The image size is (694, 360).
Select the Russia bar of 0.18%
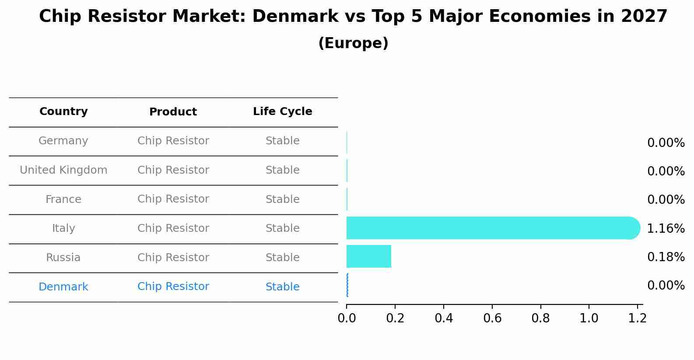coord(368,256)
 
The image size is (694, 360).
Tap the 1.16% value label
coord(666,228)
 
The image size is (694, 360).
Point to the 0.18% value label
coord(666,257)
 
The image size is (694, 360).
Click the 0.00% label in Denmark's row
coord(666,286)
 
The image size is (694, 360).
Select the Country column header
coord(63,112)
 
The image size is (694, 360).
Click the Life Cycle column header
coord(282,112)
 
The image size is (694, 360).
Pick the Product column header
coord(173,112)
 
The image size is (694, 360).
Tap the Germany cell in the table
coord(63,141)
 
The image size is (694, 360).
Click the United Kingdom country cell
coord(63,170)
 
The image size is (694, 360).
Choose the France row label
coord(63,199)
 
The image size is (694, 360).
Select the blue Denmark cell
coord(63,287)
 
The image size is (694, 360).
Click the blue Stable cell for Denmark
coord(282,287)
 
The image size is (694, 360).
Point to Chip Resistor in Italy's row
coord(173,228)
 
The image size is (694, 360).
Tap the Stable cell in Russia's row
coord(282,258)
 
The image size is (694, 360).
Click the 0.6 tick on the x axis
coord(492,318)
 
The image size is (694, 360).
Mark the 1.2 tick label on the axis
coord(637,318)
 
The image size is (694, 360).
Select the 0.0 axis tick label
coord(347,318)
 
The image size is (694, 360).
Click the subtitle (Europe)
coord(353,43)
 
